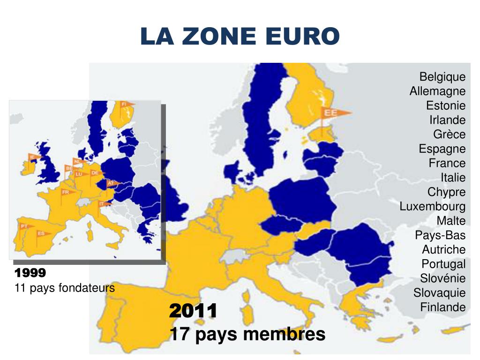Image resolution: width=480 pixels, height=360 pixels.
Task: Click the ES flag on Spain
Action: pyautogui.click(x=42, y=233)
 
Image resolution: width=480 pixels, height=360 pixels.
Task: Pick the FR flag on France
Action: pyautogui.click(x=66, y=192)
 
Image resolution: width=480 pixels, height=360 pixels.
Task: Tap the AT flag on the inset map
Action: pyautogui.click(x=112, y=184)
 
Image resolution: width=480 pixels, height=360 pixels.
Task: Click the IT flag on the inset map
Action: pyautogui.click(x=102, y=204)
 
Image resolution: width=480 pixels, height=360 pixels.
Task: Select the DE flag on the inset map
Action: pyautogui.click(x=95, y=172)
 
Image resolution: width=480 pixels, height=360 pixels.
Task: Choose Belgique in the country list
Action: pyautogui.click(x=442, y=76)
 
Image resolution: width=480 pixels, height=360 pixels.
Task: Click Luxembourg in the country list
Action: pyautogui.click(x=433, y=206)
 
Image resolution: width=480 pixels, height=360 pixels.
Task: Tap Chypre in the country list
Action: pyautogui.click(x=446, y=192)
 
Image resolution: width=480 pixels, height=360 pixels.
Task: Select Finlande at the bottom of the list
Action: pyautogui.click(x=443, y=307)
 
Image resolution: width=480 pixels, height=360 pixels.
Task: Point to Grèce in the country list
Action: pyautogui.click(x=449, y=134)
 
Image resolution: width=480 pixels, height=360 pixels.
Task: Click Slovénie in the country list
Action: pyautogui.click(x=443, y=278)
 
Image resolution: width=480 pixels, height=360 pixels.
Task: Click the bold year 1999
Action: pyautogui.click(x=30, y=273)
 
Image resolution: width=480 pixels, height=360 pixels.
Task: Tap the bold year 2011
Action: pyautogui.click(x=193, y=310)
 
